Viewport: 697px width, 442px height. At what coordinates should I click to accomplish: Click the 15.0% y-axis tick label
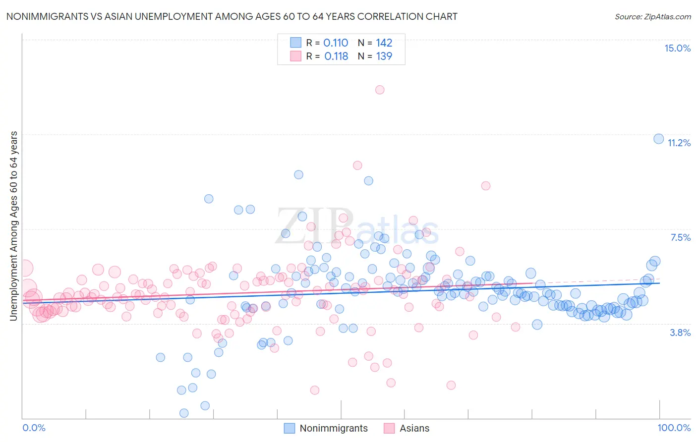[x=677, y=48]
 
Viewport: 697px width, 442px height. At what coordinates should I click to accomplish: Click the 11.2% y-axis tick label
[x=679, y=143]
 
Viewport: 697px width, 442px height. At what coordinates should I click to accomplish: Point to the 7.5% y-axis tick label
[x=680, y=237]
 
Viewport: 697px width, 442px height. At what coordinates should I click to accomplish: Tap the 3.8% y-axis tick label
[x=680, y=332]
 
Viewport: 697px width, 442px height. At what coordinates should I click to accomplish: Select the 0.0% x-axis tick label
[x=34, y=428]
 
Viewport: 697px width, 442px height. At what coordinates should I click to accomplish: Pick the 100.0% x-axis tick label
[x=674, y=428]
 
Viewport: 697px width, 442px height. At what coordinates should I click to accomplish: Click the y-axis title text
[x=13, y=226]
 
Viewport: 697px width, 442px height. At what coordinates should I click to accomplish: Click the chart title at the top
[x=232, y=16]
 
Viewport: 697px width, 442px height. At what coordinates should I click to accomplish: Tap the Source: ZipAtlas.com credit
[x=652, y=16]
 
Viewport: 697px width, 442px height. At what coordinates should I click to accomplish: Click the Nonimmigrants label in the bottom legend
[x=334, y=428]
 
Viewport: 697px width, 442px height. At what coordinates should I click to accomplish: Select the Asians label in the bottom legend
[x=414, y=428]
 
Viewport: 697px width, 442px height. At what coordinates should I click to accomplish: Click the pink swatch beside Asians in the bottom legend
[x=389, y=428]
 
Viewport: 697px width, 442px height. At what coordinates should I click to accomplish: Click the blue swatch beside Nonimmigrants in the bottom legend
[x=289, y=428]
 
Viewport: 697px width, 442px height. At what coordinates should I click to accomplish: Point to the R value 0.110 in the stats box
[x=336, y=43]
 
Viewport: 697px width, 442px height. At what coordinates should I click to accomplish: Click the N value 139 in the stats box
[x=384, y=56]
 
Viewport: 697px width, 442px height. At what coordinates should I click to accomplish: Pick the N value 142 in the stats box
[x=384, y=43]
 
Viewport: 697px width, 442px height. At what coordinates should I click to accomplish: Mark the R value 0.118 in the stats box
[x=336, y=56]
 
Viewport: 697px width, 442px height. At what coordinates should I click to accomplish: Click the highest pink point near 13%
[x=380, y=90]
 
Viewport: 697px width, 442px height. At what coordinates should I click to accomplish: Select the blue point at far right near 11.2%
[x=658, y=139]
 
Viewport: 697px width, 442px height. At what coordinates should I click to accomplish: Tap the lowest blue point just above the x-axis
[x=184, y=413]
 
